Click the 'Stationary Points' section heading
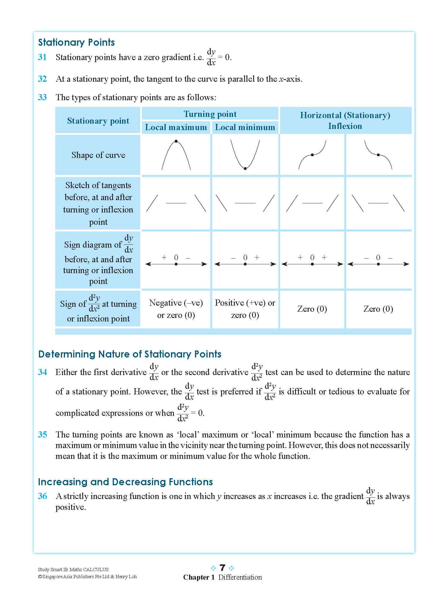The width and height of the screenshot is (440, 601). click(x=76, y=42)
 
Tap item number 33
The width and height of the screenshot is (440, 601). click(x=42, y=97)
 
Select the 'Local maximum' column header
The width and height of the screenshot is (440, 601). click(x=176, y=127)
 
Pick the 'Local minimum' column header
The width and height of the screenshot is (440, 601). click(x=245, y=127)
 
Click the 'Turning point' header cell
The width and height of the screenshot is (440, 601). click(x=210, y=114)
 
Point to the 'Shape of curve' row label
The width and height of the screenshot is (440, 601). click(x=98, y=155)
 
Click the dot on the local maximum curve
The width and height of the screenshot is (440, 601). click(x=176, y=141)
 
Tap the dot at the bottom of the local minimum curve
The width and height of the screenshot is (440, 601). click(x=245, y=168)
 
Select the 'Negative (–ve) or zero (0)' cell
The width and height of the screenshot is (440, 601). click(x=176, y=309)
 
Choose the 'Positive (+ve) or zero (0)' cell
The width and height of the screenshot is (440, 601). click(x=245, y=309)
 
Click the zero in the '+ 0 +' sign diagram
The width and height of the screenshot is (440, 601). click(x=312, y=258)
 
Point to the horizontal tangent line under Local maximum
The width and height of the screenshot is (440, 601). click(x=176, y=203)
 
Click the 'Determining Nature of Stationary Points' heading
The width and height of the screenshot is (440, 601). click(x=130, y=354)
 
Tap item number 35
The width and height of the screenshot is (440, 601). click(x=42, y=435)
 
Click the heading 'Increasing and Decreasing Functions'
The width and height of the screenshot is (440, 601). click(x=125, y=482)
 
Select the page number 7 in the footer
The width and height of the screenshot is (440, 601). click(x=222, y=568)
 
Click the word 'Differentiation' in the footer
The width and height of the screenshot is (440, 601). click(x=240, y=577)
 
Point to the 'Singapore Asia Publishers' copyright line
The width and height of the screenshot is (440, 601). click(x=87, y=577)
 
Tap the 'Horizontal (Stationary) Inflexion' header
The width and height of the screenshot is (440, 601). click(x=345, y=120)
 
